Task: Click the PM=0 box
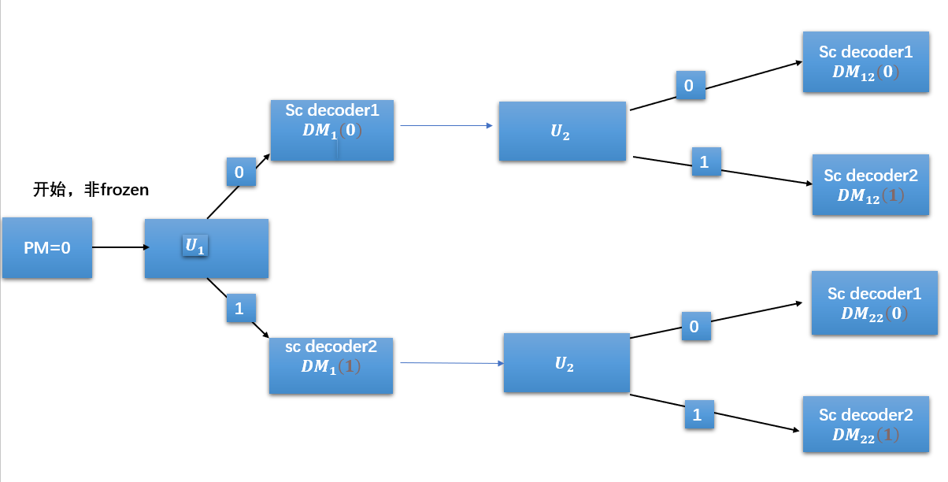tap(47, 247)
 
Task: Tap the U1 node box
tap(206, 248)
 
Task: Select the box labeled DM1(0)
tap(331, 130)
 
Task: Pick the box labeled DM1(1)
tap(331, 365)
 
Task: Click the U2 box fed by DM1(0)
tap(562, 132)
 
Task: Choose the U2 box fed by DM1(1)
tap(566, 363)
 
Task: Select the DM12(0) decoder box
tap(865, 62)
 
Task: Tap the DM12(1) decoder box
tap(870, 185)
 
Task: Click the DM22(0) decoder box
tap(874, 303)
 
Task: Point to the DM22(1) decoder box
tap(865, 425)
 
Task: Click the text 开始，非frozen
tap(91, 190)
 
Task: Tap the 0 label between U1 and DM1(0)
tap(240, 172)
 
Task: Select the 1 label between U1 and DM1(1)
tap(239, 308)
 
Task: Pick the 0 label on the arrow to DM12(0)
tap(690, 85)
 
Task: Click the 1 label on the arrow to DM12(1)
tap(705, 161)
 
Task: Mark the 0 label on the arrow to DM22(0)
tap(695, 326)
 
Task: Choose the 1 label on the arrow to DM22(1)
tap(698, 414)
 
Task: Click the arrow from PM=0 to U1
tap(120, 247)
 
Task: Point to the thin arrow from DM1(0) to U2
tap(446, 125)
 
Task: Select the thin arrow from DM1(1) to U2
tap(451, 363)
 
